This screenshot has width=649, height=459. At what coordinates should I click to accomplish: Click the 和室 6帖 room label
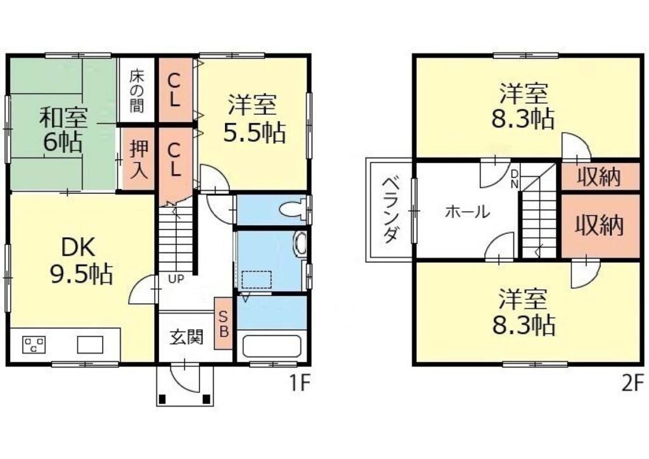63,129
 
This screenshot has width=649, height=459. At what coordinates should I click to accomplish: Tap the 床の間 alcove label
136,91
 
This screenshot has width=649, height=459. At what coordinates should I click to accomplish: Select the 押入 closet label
139,159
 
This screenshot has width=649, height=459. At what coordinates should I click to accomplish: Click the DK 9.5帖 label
80,261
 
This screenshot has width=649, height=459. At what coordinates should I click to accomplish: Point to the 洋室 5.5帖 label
254,119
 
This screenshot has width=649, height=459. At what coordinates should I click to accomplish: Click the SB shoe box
223,323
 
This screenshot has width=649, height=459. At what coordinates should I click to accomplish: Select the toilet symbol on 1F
293,209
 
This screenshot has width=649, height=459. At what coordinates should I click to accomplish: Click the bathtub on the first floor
271,346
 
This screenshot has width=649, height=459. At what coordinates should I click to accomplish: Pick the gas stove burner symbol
34,344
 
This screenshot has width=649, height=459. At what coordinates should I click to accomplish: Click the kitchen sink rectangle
90,344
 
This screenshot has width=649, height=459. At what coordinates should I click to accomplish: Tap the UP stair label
176,280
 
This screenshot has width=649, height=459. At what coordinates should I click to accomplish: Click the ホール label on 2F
467,212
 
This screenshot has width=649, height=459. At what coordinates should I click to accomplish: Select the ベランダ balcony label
390,210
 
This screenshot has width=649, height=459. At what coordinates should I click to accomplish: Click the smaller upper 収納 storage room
600,177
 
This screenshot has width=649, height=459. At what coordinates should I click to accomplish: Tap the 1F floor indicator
299,383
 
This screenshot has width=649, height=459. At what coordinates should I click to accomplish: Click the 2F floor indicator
633,383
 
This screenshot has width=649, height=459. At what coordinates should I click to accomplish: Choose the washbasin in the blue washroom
300,244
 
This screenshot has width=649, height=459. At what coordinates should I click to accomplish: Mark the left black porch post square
162,399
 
